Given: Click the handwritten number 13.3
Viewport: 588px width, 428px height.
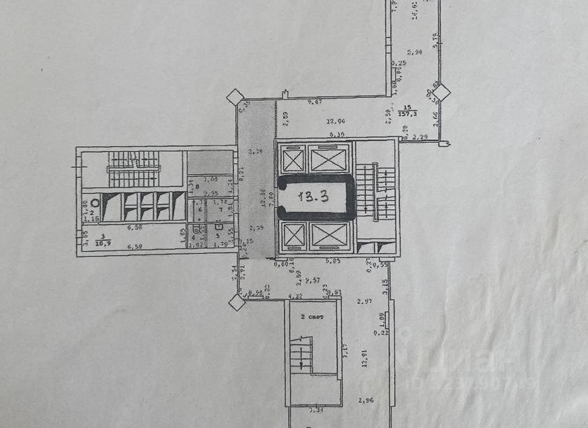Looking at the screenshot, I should click(x=313, y=198).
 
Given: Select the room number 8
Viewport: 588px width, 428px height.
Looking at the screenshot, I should click(x=198, y=187).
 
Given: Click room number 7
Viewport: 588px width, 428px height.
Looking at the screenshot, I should click(x=220, y=209).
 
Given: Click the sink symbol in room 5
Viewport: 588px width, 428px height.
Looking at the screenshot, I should click(x=218, y=227).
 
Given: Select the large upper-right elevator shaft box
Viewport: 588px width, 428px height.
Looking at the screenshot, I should click(x=329, y=160).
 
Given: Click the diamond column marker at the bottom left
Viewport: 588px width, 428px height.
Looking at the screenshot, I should click(x=237, y=303).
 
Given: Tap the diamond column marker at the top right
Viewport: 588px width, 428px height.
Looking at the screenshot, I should click(x=440, y=92).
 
